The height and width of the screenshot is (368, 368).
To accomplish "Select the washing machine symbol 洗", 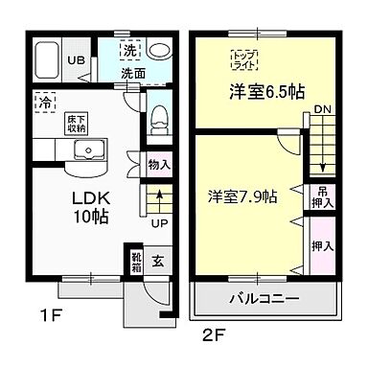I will pos(127,49).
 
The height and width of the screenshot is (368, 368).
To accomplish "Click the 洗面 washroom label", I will pos(133,72).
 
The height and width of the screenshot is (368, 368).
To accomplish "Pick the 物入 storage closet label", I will pos(159,165).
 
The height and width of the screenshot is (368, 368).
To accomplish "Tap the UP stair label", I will pos(160,224).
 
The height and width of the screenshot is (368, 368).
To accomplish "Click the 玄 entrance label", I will pos(159,260).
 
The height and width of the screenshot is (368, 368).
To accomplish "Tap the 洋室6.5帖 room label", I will pos(266,92).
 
